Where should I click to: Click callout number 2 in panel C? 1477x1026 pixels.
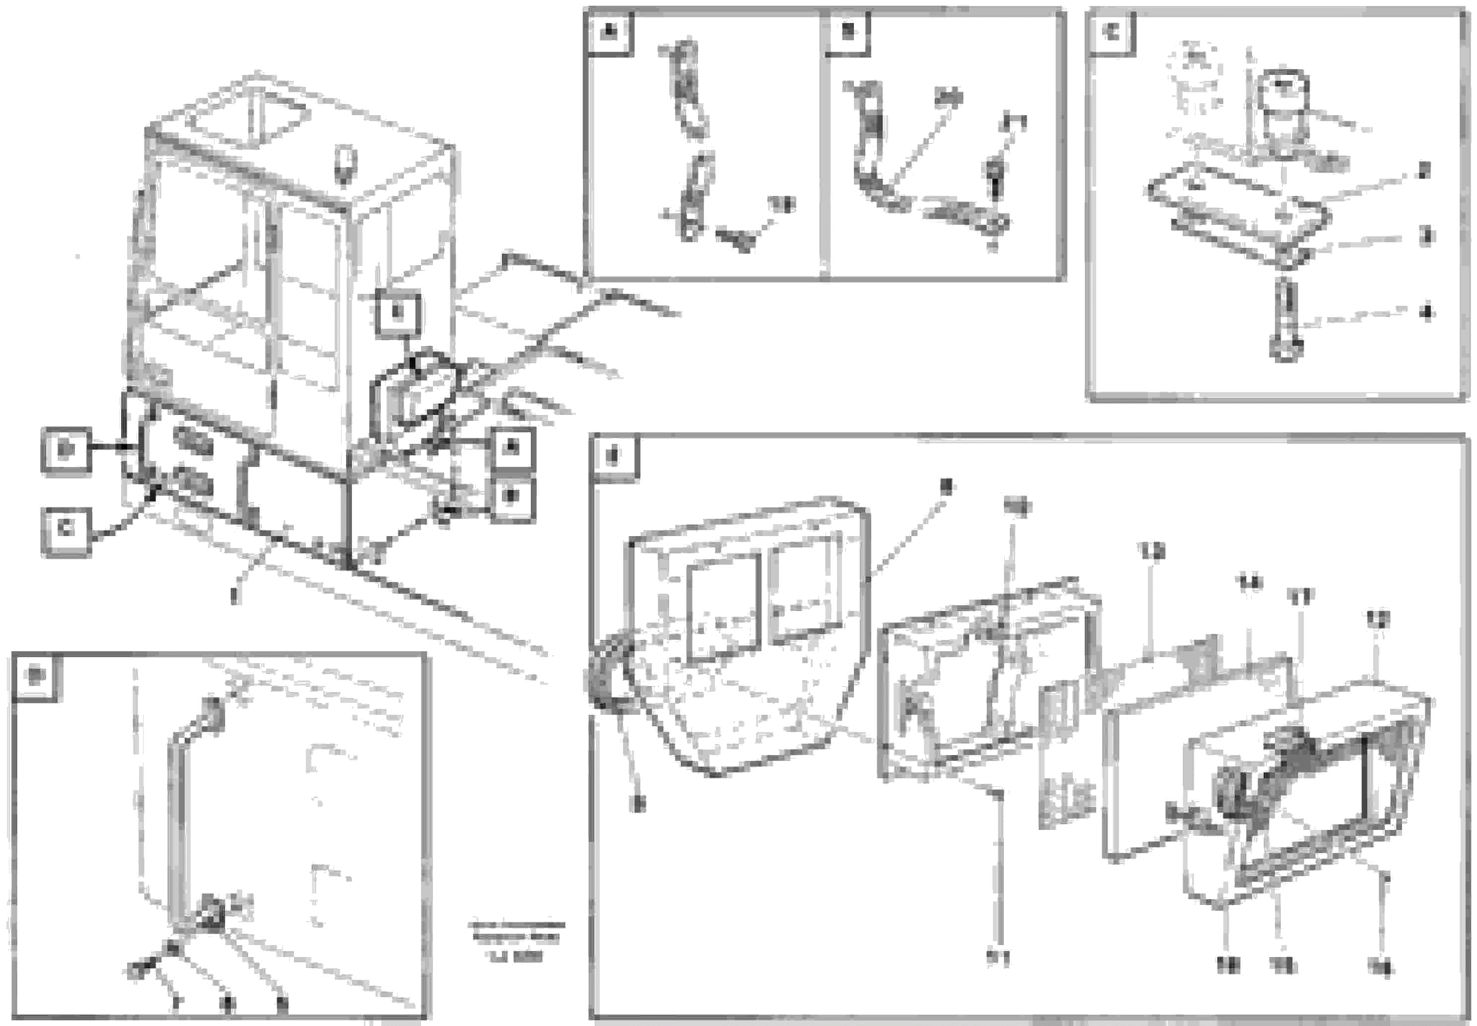pos(1424,171)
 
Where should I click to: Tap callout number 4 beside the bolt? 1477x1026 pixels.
pos(1425,313)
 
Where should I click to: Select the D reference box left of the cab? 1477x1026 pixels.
pos(66,451)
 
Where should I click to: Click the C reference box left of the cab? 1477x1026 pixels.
pos(66,530)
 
